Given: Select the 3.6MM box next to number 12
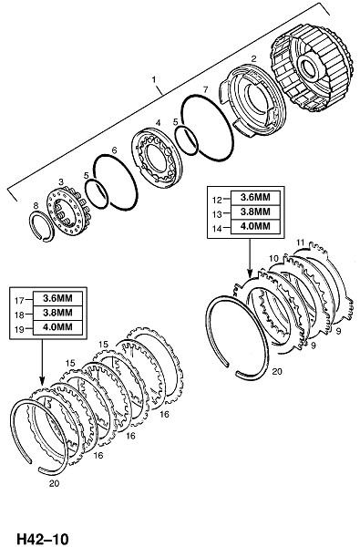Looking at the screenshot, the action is point(255,197).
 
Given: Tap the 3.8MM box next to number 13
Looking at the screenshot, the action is point(255,212).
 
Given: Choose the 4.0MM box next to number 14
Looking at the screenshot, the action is point(255,226).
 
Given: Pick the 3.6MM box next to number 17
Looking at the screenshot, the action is point(58,298).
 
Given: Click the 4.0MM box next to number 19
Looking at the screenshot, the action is point(58,327).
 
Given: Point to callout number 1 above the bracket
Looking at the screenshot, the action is point(153,79).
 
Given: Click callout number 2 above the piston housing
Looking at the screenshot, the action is point(253,58).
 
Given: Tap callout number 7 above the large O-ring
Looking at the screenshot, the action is point(205,89).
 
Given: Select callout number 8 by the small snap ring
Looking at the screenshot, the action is point(36,206).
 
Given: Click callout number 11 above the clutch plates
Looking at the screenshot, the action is point(301,242).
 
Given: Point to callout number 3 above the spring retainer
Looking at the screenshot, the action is point(61,181).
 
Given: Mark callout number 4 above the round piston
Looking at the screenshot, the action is point(158,122).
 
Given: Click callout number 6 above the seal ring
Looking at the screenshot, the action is point(114,150).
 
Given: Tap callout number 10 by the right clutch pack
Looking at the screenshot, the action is point(273,258).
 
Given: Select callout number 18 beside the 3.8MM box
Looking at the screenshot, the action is point(19,315).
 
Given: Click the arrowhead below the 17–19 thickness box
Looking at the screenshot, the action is point(42,382).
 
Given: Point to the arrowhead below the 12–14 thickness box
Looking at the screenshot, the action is point(250,273).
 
